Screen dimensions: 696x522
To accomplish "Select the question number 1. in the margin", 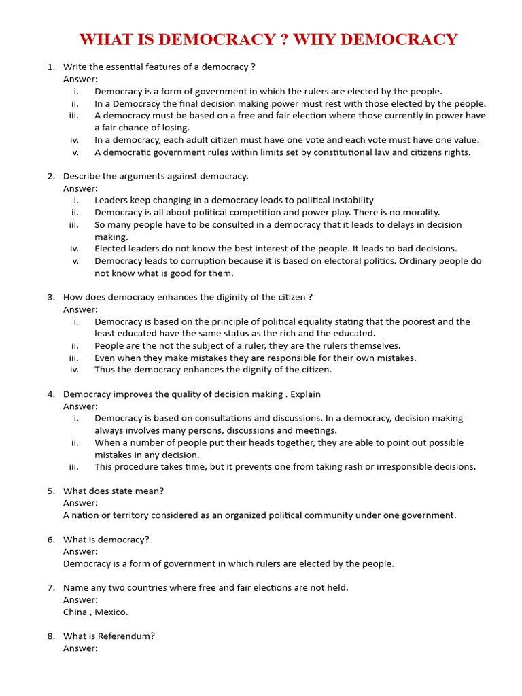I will click(51, 67).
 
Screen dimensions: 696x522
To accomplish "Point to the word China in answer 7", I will click(75, 612).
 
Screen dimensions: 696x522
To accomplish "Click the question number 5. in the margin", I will click(51, 491).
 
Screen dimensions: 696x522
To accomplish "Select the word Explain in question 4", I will click(305, 394).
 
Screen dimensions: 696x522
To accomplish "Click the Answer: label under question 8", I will click(80, 648).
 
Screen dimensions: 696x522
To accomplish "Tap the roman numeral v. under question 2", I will click(75, 261).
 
